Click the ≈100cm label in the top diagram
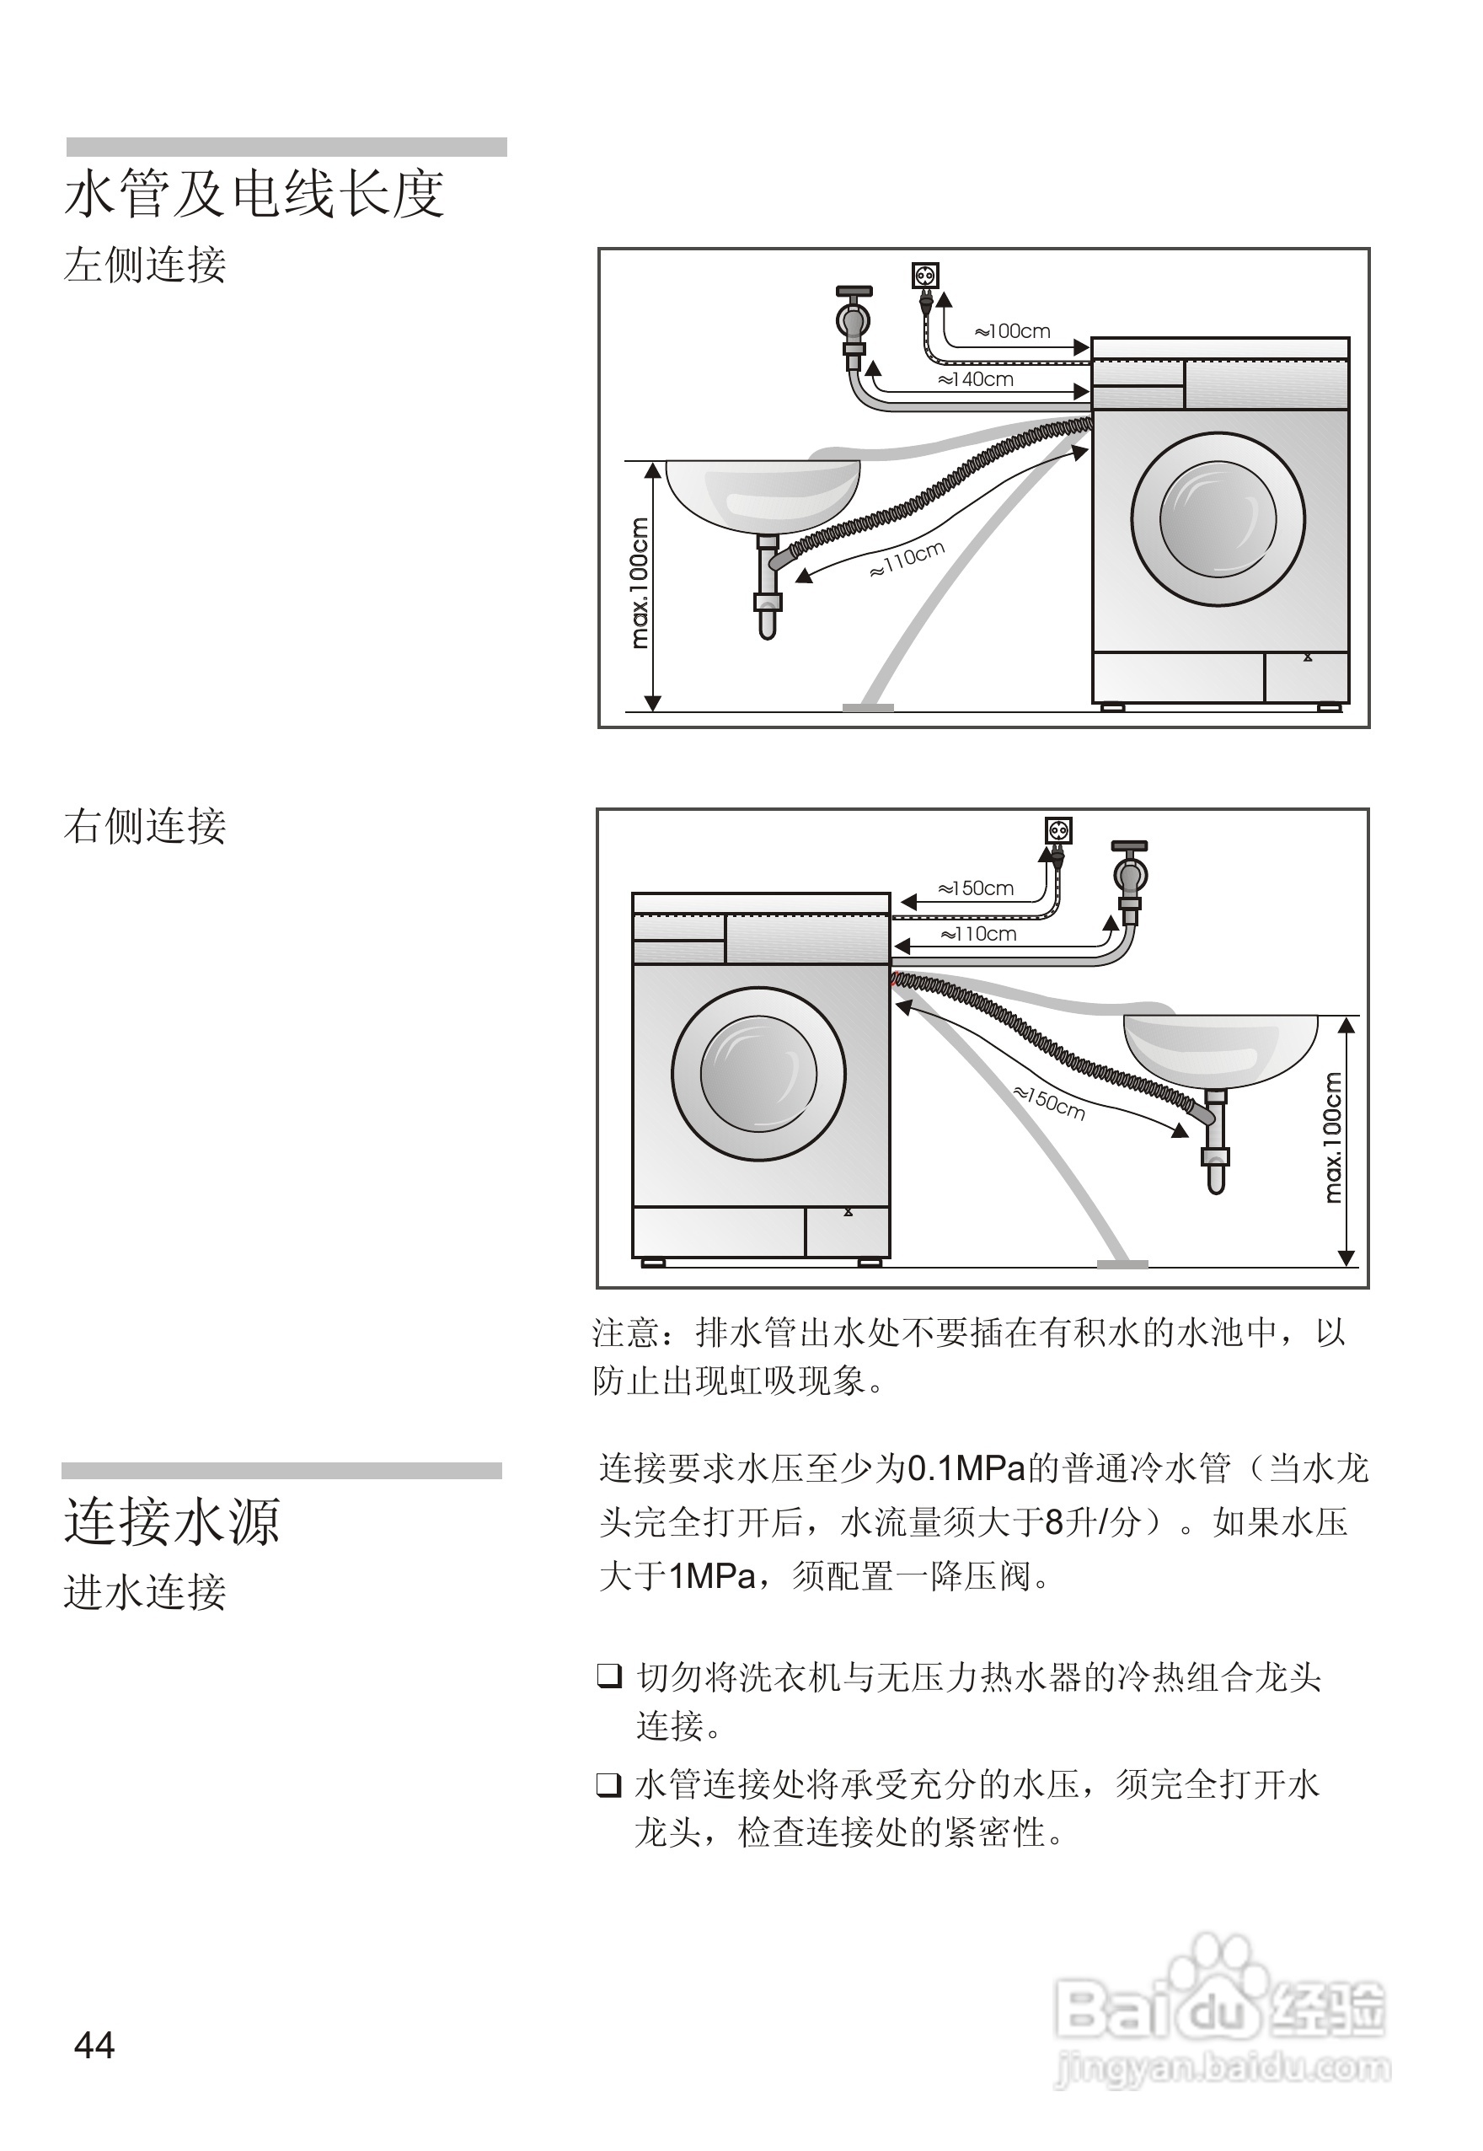1012,331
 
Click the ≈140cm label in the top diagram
975,379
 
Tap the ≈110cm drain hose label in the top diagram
906,560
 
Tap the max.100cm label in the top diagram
640,582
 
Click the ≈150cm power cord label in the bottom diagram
975,888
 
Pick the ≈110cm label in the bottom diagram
977,934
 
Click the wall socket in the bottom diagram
1059,829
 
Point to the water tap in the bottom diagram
1130,874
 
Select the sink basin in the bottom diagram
1220,1050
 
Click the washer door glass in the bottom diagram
758,1074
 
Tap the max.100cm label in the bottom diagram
1332,1138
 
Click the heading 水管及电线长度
254,196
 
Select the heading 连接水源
172,1521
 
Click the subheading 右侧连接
145,825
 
